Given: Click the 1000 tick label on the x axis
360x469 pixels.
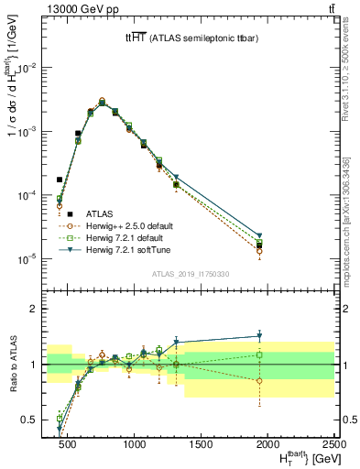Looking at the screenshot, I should click(x=135, y=444).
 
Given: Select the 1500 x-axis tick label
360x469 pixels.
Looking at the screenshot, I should click(x=202, y=444).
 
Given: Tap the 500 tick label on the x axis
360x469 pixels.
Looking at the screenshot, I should click(x=69, y=444).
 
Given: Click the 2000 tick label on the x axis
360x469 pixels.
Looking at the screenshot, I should click(x=268, y=444).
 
